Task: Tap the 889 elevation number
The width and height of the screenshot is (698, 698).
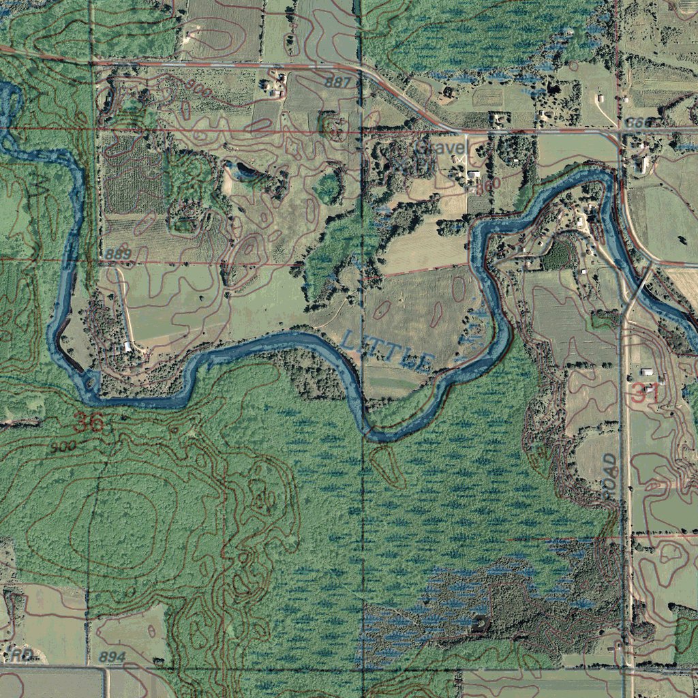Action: pos(118,254)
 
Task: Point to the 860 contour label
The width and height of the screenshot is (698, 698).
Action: pos(488,183)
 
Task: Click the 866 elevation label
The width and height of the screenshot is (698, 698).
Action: pos(638,123)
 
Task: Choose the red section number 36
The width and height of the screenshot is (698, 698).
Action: pos(88,423)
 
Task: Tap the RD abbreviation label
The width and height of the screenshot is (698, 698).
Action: pos(22,656)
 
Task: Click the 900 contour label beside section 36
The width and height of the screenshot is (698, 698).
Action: pos(62,446)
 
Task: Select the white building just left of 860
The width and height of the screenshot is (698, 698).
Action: pos(473,176)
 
